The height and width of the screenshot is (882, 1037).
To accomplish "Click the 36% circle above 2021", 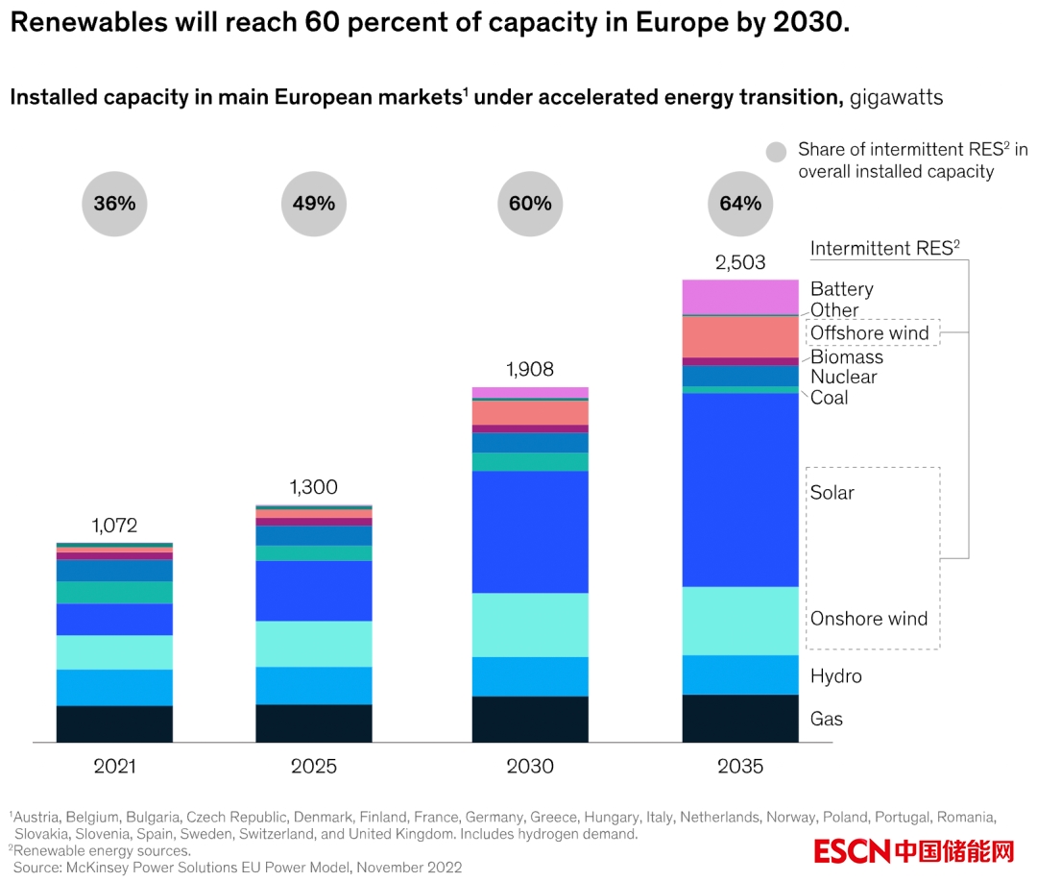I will tap(114, 203).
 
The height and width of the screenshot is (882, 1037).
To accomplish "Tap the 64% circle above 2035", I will tap(740, 203).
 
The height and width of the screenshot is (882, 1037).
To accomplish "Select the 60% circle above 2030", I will tap(530, 203).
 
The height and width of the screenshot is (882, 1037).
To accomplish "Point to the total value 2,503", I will tap(740, 262).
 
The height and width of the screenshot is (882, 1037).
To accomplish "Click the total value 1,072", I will tap(114, 526).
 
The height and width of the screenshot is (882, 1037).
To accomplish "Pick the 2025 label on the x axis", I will tap(314, 766).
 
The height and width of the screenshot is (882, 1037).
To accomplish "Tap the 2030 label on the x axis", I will tap(530, 766).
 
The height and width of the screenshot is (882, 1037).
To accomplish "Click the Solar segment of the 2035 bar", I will tap(740, 490).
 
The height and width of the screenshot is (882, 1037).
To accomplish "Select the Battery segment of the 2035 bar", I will tap(740, 297).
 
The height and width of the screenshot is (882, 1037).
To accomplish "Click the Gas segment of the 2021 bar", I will tap(114, 723).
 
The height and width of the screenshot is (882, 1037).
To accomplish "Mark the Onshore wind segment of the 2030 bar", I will tap(530, 625).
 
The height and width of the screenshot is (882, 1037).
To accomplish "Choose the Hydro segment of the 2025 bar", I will tap(314, 685).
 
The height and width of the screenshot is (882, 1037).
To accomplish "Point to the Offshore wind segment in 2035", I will tap(740, 336).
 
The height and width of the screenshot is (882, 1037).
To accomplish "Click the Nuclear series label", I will tap(843, 377).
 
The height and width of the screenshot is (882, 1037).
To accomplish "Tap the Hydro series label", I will tap(835, 676).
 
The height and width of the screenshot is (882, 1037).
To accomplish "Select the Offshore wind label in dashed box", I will tap(870, 333).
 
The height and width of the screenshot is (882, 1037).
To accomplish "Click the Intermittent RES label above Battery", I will tap(884, 249).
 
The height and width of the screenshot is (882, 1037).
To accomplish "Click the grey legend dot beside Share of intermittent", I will tap(776, 152).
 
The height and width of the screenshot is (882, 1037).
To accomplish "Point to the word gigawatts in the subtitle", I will tap(896, 97).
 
